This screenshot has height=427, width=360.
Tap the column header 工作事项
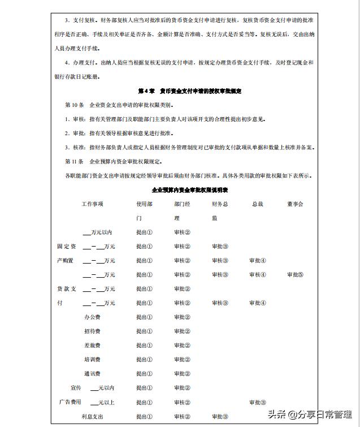93,204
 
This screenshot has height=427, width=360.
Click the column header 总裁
257,204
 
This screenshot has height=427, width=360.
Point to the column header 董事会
295,204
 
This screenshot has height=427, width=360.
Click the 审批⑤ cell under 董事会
295,275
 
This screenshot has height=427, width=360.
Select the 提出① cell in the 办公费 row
144,317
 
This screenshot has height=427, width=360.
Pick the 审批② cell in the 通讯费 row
182,374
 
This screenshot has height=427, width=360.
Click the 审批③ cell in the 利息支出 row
220,417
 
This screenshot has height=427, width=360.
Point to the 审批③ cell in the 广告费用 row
257,403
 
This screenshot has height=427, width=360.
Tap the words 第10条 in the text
75,105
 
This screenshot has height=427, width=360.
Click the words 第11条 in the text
75,161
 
